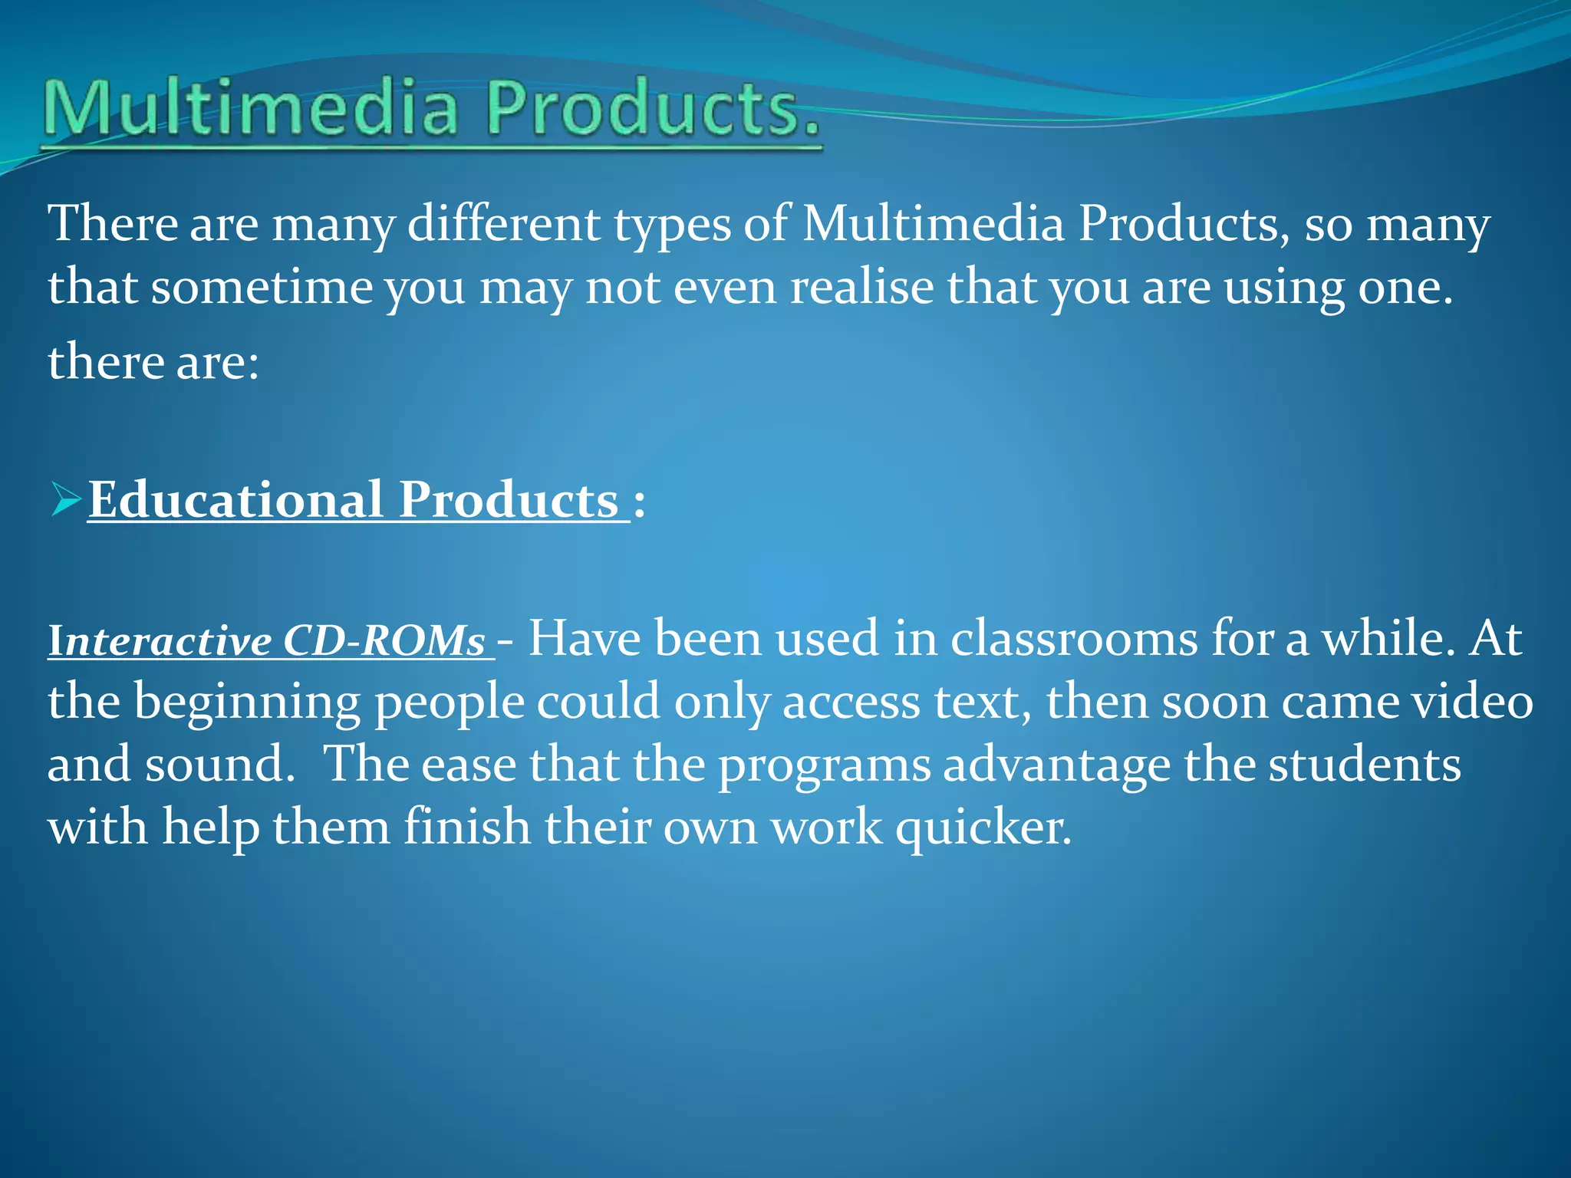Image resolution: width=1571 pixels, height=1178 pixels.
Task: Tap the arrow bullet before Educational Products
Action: click(x=66, y=502)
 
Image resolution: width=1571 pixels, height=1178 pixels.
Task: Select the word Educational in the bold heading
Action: click(x=235, y=500)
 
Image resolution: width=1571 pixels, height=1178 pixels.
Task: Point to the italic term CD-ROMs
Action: click(x=384, y=640)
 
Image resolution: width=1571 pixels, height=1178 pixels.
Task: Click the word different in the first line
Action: click(x=503, y=225)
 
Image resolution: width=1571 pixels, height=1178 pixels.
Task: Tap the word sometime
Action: click(x=262, y=288)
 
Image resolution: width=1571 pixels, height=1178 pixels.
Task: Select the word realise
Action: click(x=861, y=288)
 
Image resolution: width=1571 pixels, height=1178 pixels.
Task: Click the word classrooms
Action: click(x=1074, y=639)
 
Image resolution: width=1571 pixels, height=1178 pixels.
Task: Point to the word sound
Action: click(x=219, y=765)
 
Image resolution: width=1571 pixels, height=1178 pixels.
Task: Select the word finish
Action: click(x=467, y=828)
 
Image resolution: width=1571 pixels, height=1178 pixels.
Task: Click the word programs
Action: click(x=824, y=766)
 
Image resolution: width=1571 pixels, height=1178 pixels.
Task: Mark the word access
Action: click(x=850, y=703)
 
